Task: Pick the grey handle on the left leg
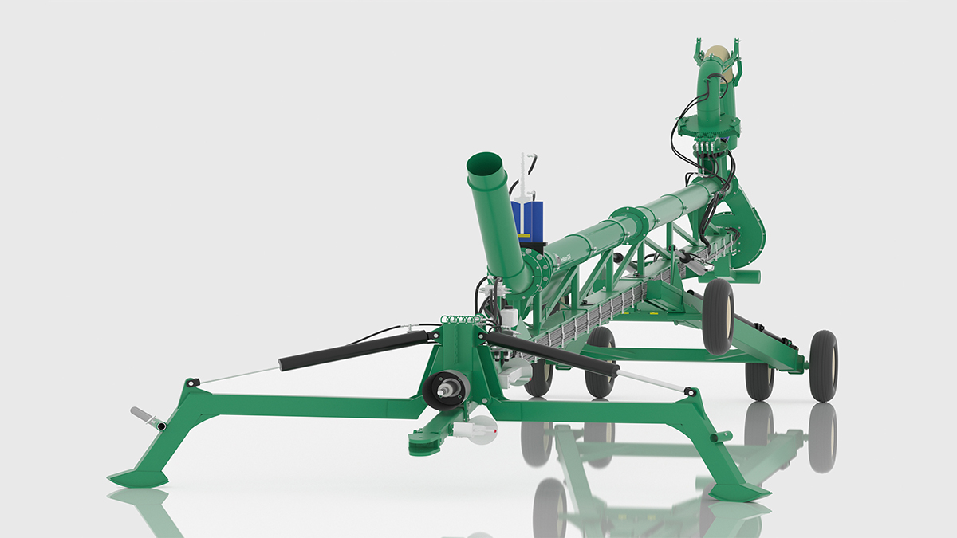147,418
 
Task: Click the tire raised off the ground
718,316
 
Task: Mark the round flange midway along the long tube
626,224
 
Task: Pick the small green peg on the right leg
725,436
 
